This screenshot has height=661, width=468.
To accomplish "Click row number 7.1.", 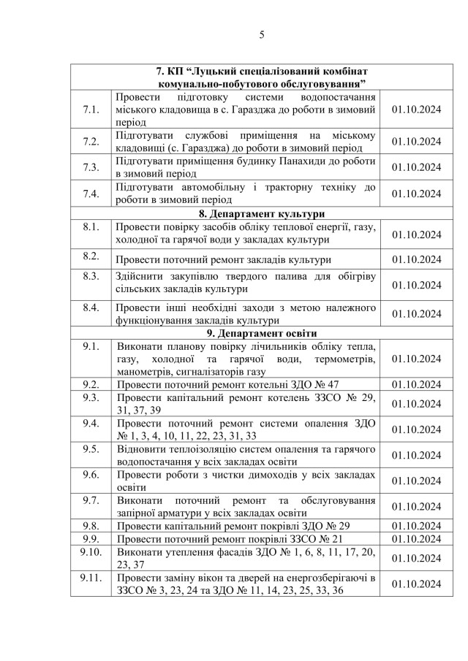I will [91, 110].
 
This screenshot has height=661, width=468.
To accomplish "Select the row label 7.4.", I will [91, 194].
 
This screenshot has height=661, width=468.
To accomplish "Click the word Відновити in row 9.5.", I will [142, 448].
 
